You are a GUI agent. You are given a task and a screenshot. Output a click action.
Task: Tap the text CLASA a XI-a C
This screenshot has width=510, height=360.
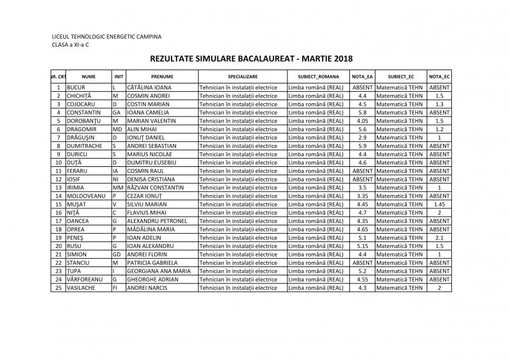pyautogui.click(x=71, y=46)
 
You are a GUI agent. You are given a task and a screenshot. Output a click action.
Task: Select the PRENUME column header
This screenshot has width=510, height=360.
pyautogui.click(x=162, y=76)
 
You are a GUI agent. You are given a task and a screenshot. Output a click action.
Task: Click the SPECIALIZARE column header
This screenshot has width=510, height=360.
pyautogui.click(x=242, y=76)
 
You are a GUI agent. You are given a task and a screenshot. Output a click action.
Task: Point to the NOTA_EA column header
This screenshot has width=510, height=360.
pyautogui.click(x=362, y=76)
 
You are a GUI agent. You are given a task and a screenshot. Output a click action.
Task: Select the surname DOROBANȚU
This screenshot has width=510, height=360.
pyautogui.click(x=86, y=120)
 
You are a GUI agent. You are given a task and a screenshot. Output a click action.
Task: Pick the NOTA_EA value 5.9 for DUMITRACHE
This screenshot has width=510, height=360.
pyautogui.click(x=362, y=145)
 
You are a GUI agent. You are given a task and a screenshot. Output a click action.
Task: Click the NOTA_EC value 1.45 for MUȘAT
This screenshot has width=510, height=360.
pyautogui.click(x=439, y=204)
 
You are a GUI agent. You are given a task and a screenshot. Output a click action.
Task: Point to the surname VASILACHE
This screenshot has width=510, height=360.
pyautogui.click(x=84, y=287)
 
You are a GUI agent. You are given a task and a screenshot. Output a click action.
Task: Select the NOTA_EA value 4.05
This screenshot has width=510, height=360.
pyautogui.click(x=362, y=120)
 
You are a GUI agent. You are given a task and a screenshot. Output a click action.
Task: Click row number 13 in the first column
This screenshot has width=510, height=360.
pyautogui.click(x=58, y=187)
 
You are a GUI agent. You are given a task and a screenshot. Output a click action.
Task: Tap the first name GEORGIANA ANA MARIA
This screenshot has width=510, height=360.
pyautogui.click(x=159, y=271)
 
